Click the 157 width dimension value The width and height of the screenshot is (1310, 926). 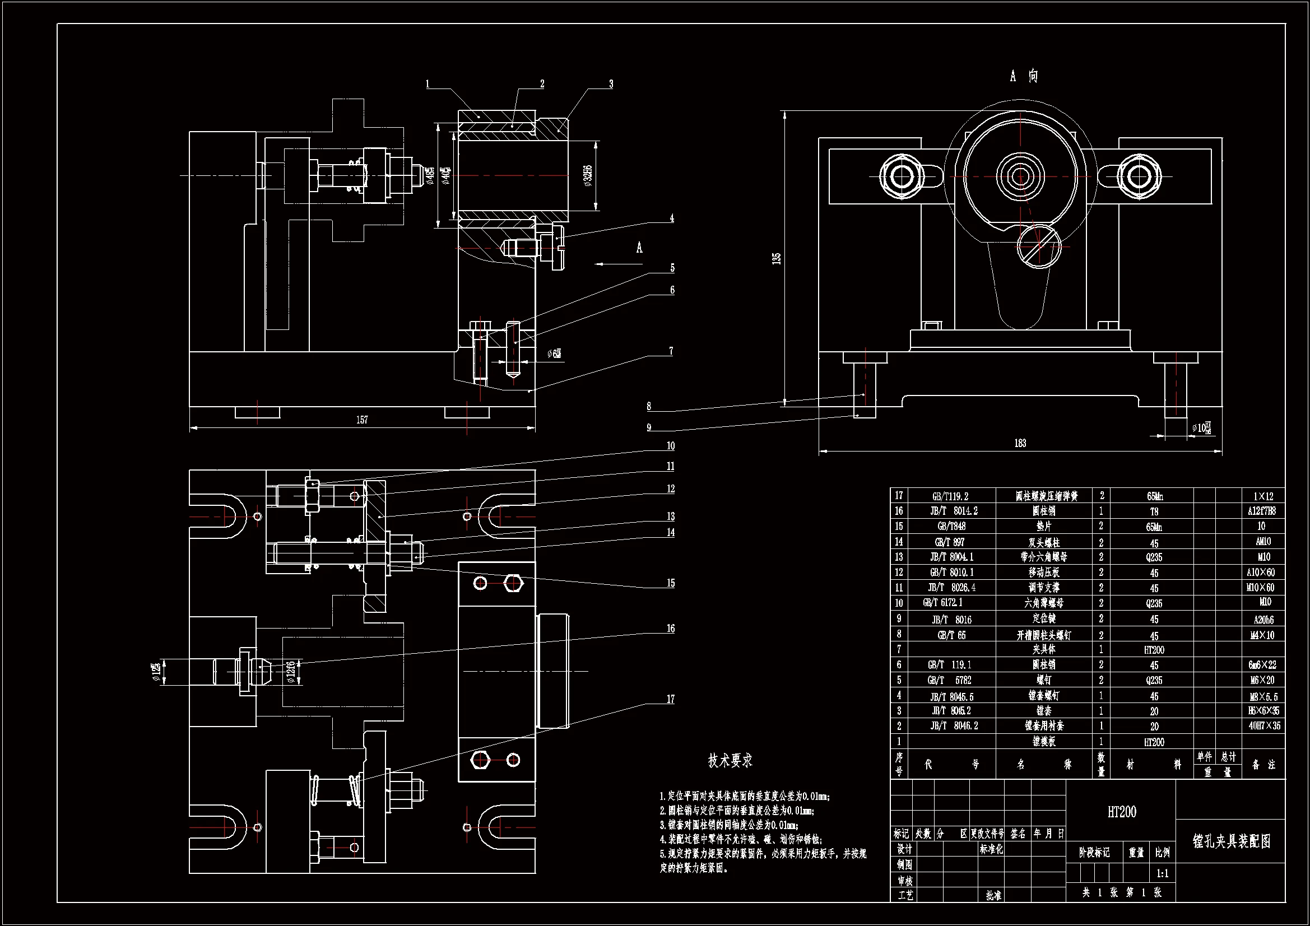pos(363,420)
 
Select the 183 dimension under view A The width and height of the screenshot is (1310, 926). pos(1020,443)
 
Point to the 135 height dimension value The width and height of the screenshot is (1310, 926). pos(776,258)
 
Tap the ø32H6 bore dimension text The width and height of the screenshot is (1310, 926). pos(588,175)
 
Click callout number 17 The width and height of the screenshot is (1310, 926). pos(670,699)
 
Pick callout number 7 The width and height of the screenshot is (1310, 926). pos(671,351)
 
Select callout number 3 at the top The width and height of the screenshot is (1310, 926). pos(611,85)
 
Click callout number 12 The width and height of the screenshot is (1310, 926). pos(670,489)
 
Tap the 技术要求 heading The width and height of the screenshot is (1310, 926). pos(730,761)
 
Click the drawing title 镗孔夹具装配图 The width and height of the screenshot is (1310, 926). pos(1231,841)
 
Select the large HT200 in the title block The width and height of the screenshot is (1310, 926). pos(1121,812)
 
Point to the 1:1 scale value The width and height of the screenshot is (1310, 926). pos(1162,873)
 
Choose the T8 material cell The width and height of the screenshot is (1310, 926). pos(1154,511)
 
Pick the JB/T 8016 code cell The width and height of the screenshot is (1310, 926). pos(952,619)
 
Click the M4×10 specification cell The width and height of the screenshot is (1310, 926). pos(1262,635)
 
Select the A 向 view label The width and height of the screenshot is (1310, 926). pos(1024,76)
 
